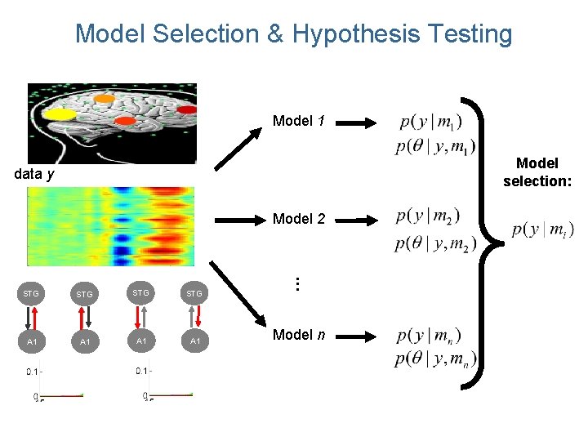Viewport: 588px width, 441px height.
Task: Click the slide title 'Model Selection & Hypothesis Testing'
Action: (x=293, y=34)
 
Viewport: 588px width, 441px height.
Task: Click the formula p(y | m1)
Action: (x=431, y=122)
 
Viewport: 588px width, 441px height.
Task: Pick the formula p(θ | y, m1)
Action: (x=434, y=147)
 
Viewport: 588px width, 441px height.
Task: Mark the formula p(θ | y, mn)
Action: (x=435, y=359)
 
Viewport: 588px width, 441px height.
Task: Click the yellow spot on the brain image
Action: (x=58, y=114)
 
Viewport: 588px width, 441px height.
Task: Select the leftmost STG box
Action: (x=30, y=292)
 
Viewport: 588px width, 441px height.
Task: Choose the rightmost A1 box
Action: (x=195, y=341)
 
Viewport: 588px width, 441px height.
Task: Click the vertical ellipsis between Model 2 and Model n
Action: (x=298, y=284)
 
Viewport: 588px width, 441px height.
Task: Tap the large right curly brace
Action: (x=488, y=237)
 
